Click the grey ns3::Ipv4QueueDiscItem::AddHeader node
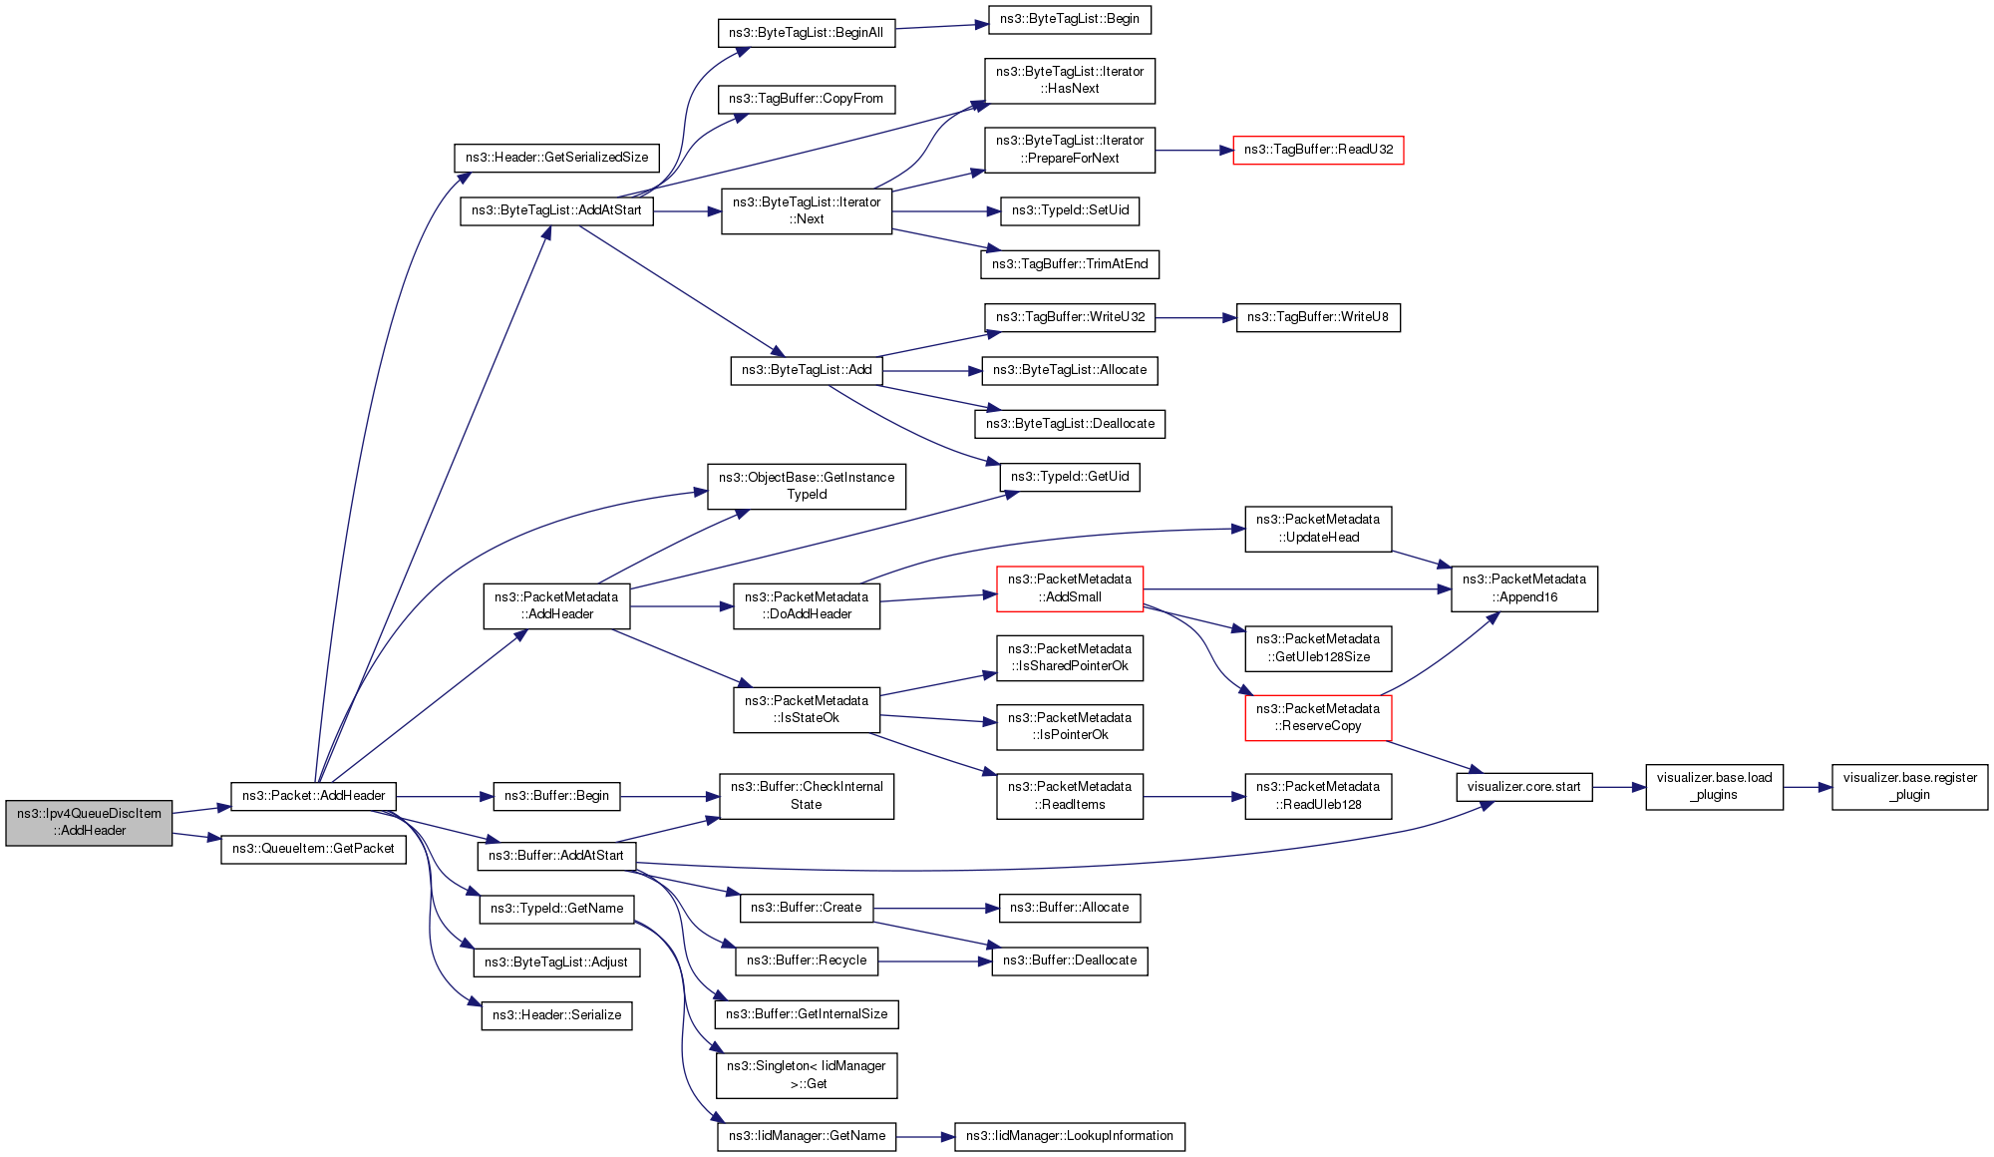pos(89,822)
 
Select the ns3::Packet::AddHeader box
pos(313,796)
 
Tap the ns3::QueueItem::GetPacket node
pos(313,849)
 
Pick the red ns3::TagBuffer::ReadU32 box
pos(1318,150)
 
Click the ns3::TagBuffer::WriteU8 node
pos(1318,317)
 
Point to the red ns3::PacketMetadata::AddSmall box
pos(1070,588)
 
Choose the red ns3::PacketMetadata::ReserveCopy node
pos(1318,717)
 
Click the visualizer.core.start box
pos(1523,787)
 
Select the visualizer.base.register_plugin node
pos(1909,787)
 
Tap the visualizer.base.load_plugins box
pos(1714,787)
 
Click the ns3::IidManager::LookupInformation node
pos(1070,1136)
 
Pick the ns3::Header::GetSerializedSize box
pos(556,158)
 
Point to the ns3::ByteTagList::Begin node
pos(1070,19)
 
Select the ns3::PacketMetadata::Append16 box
pos(1523,588)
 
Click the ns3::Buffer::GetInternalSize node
pos(807,1014)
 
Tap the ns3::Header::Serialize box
pos(556,1015)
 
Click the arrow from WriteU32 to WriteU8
pos(1196,317)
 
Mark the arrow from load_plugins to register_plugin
pos(1808,787)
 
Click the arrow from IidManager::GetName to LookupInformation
pos(925,1136)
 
